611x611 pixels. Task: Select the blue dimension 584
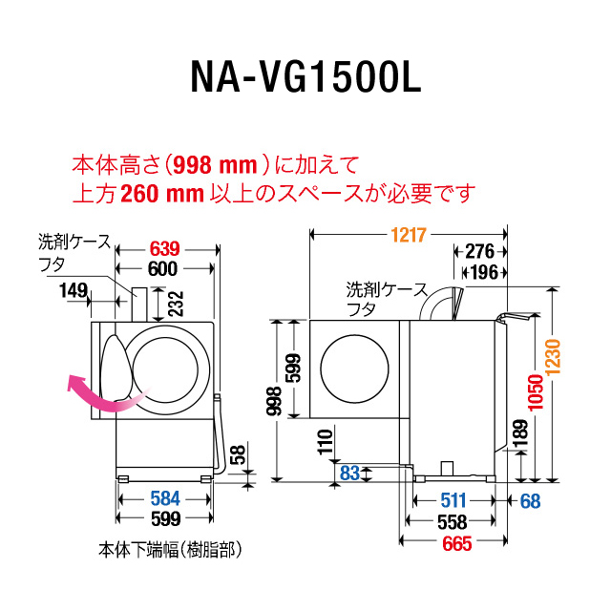(165, 499)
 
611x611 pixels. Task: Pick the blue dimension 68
(531, 499)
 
